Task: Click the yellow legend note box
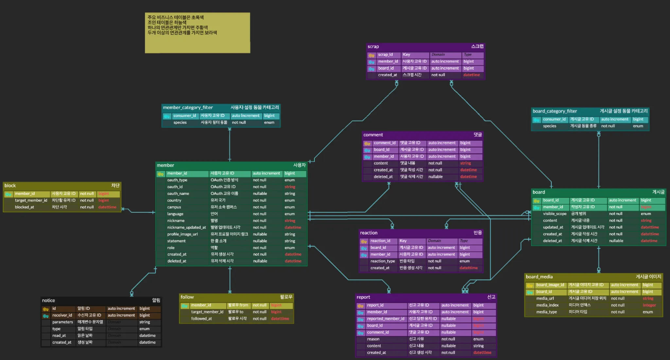point(197,33)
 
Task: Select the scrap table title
point(373,46)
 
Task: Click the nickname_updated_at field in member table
point(186,227)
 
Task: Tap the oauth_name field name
point(178,194)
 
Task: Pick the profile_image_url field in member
point(182,234)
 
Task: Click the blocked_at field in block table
point(24,207)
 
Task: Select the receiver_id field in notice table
point(62,315)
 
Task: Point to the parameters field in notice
point(62,322)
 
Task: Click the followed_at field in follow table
point(201,319)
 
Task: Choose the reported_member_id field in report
point(385,319)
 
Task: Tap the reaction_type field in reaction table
point(382,261)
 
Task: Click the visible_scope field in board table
point(555,214)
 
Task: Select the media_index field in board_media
point(547,305)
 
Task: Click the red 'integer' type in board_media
point(649,305)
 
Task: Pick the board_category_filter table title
point(555,111)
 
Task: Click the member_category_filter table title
point(188,108)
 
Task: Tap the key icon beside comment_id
point(367,143)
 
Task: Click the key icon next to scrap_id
point(371,55)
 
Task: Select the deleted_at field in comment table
point(383,177)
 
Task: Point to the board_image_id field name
point(550,285)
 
